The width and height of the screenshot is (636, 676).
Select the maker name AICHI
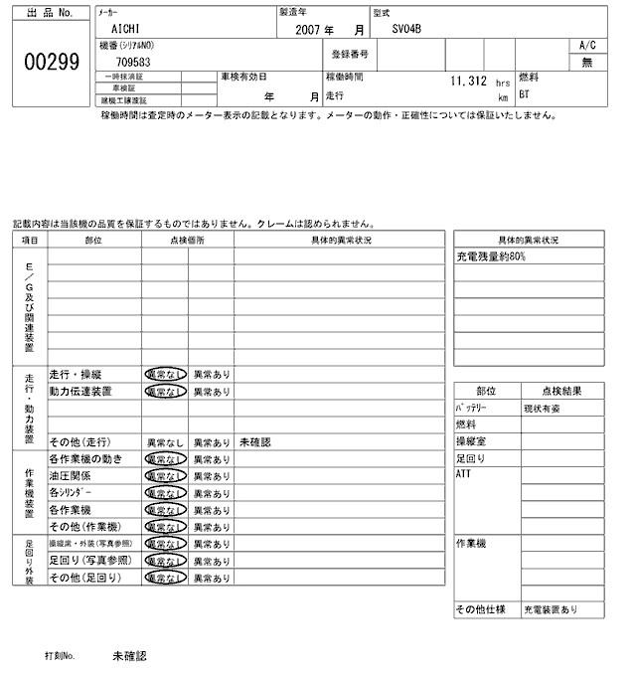126,30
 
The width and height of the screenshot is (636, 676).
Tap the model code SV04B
406,30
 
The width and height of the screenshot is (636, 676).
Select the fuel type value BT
525,95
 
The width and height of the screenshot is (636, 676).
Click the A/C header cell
586,46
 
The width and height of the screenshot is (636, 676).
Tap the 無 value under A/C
586,62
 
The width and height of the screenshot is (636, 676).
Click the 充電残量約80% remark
491,256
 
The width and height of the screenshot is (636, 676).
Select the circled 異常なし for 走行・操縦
164,375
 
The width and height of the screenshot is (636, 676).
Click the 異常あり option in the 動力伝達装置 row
211,392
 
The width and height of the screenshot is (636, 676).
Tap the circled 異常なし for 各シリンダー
164,492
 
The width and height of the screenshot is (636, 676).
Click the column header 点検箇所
187,240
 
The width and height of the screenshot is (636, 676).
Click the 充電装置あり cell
551,609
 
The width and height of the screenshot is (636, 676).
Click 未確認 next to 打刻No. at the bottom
129,656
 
